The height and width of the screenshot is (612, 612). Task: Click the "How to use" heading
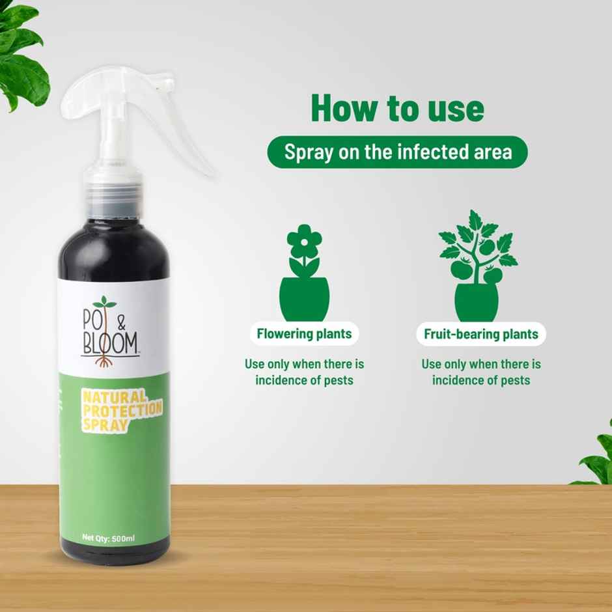point(397,108)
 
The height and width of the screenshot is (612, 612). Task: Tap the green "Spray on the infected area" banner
point(397,152)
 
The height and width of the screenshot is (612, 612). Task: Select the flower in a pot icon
point(304,273)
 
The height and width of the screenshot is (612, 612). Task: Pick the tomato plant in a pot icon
point(477,267)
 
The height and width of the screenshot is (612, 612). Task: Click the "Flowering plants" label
point(304,335)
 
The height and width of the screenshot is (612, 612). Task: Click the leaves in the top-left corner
point(23,52)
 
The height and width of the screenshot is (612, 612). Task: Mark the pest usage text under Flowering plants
point(304,372)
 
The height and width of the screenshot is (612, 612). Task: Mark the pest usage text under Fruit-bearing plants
point(481,372)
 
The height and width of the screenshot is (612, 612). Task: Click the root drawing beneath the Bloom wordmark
point(102,360)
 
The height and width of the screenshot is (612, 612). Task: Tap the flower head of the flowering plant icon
point(304,241)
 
